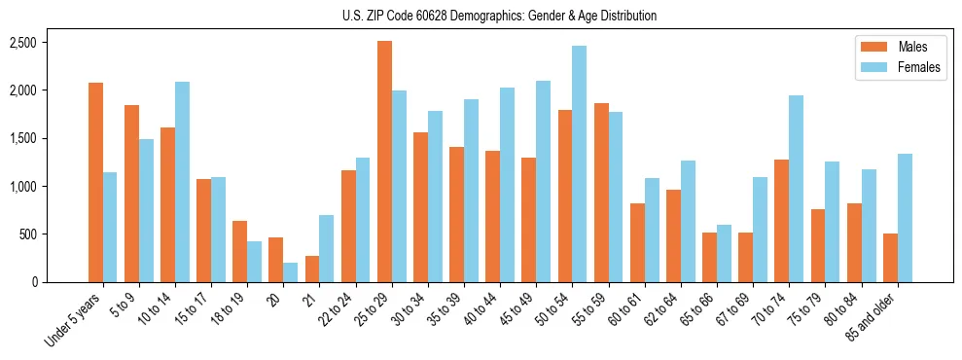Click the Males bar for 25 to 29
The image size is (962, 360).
pos(384,162)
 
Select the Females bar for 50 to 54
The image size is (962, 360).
pos(580,163)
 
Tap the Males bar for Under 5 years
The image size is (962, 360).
pos(95,182)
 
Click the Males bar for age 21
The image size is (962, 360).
pos(312,269)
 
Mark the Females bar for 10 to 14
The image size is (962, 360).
pos(182,182)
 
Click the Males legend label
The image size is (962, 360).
pos(912,47)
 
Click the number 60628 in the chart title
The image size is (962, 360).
pos(440,16)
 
